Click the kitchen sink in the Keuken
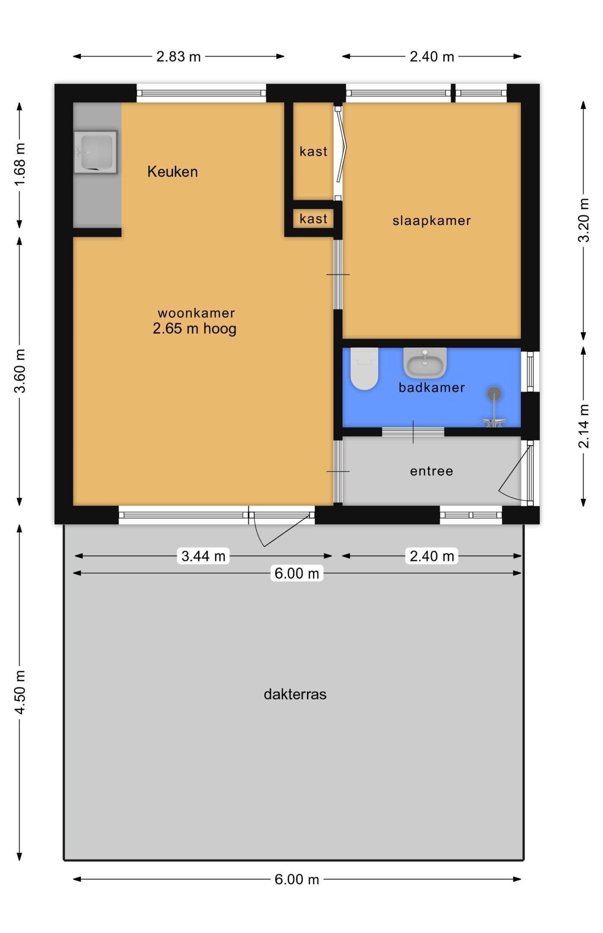tap(95, 152)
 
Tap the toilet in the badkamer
tap(364, 368)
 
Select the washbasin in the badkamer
tap(425, 363)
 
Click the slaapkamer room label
tap(432, 221)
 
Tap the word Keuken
tap(172, 171)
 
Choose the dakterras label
tap(295, 694)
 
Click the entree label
tap(432, 471)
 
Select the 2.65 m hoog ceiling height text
tap(194, 329)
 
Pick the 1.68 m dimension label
tap(20, 165)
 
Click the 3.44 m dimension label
tap(203, 556)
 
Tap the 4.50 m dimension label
tap(20, 692)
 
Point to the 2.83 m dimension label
tap(178, 57)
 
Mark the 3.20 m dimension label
tap(584, 220)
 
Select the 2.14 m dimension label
tap(584, 426)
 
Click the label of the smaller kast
tap(313, 219)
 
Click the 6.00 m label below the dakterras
tap(297, 879)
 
